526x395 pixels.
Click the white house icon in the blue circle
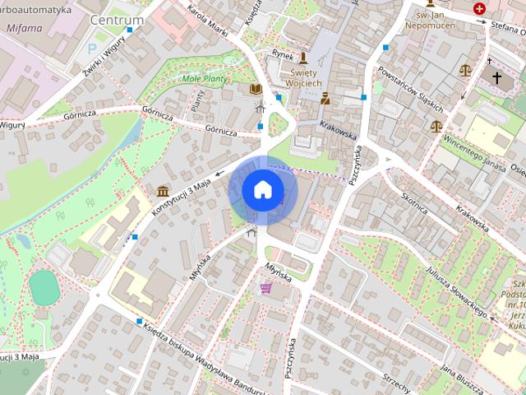262,190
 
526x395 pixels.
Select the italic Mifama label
24,27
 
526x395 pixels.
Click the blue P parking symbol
91,49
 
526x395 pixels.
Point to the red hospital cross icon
479,8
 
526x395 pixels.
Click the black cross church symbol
496,77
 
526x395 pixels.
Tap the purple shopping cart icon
265,288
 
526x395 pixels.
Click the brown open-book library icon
255,88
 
